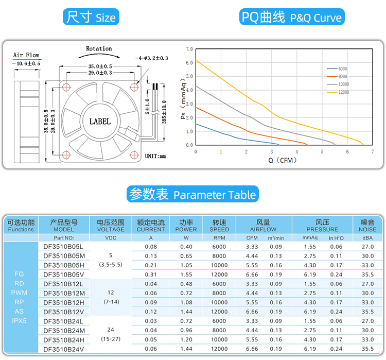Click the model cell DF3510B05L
(x=64, y=247)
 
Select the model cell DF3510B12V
(x=64, y=312)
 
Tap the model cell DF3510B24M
(x=64, y=330)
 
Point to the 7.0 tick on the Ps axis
(x=189, y=49)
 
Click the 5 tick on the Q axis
(x=322, y=152)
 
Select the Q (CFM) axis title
(x=283, y=160)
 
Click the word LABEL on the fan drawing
(x=100, y=122)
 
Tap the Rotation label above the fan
(x=99, y=49)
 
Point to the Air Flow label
(x=26, y=55)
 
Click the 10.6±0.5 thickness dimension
(x=28, y=63)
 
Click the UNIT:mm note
(x=155, y=156)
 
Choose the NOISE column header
(x=367, y=226)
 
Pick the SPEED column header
(x=219, y=226)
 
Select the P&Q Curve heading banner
(x=292, y=18)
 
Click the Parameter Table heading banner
(x=192, y=195)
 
